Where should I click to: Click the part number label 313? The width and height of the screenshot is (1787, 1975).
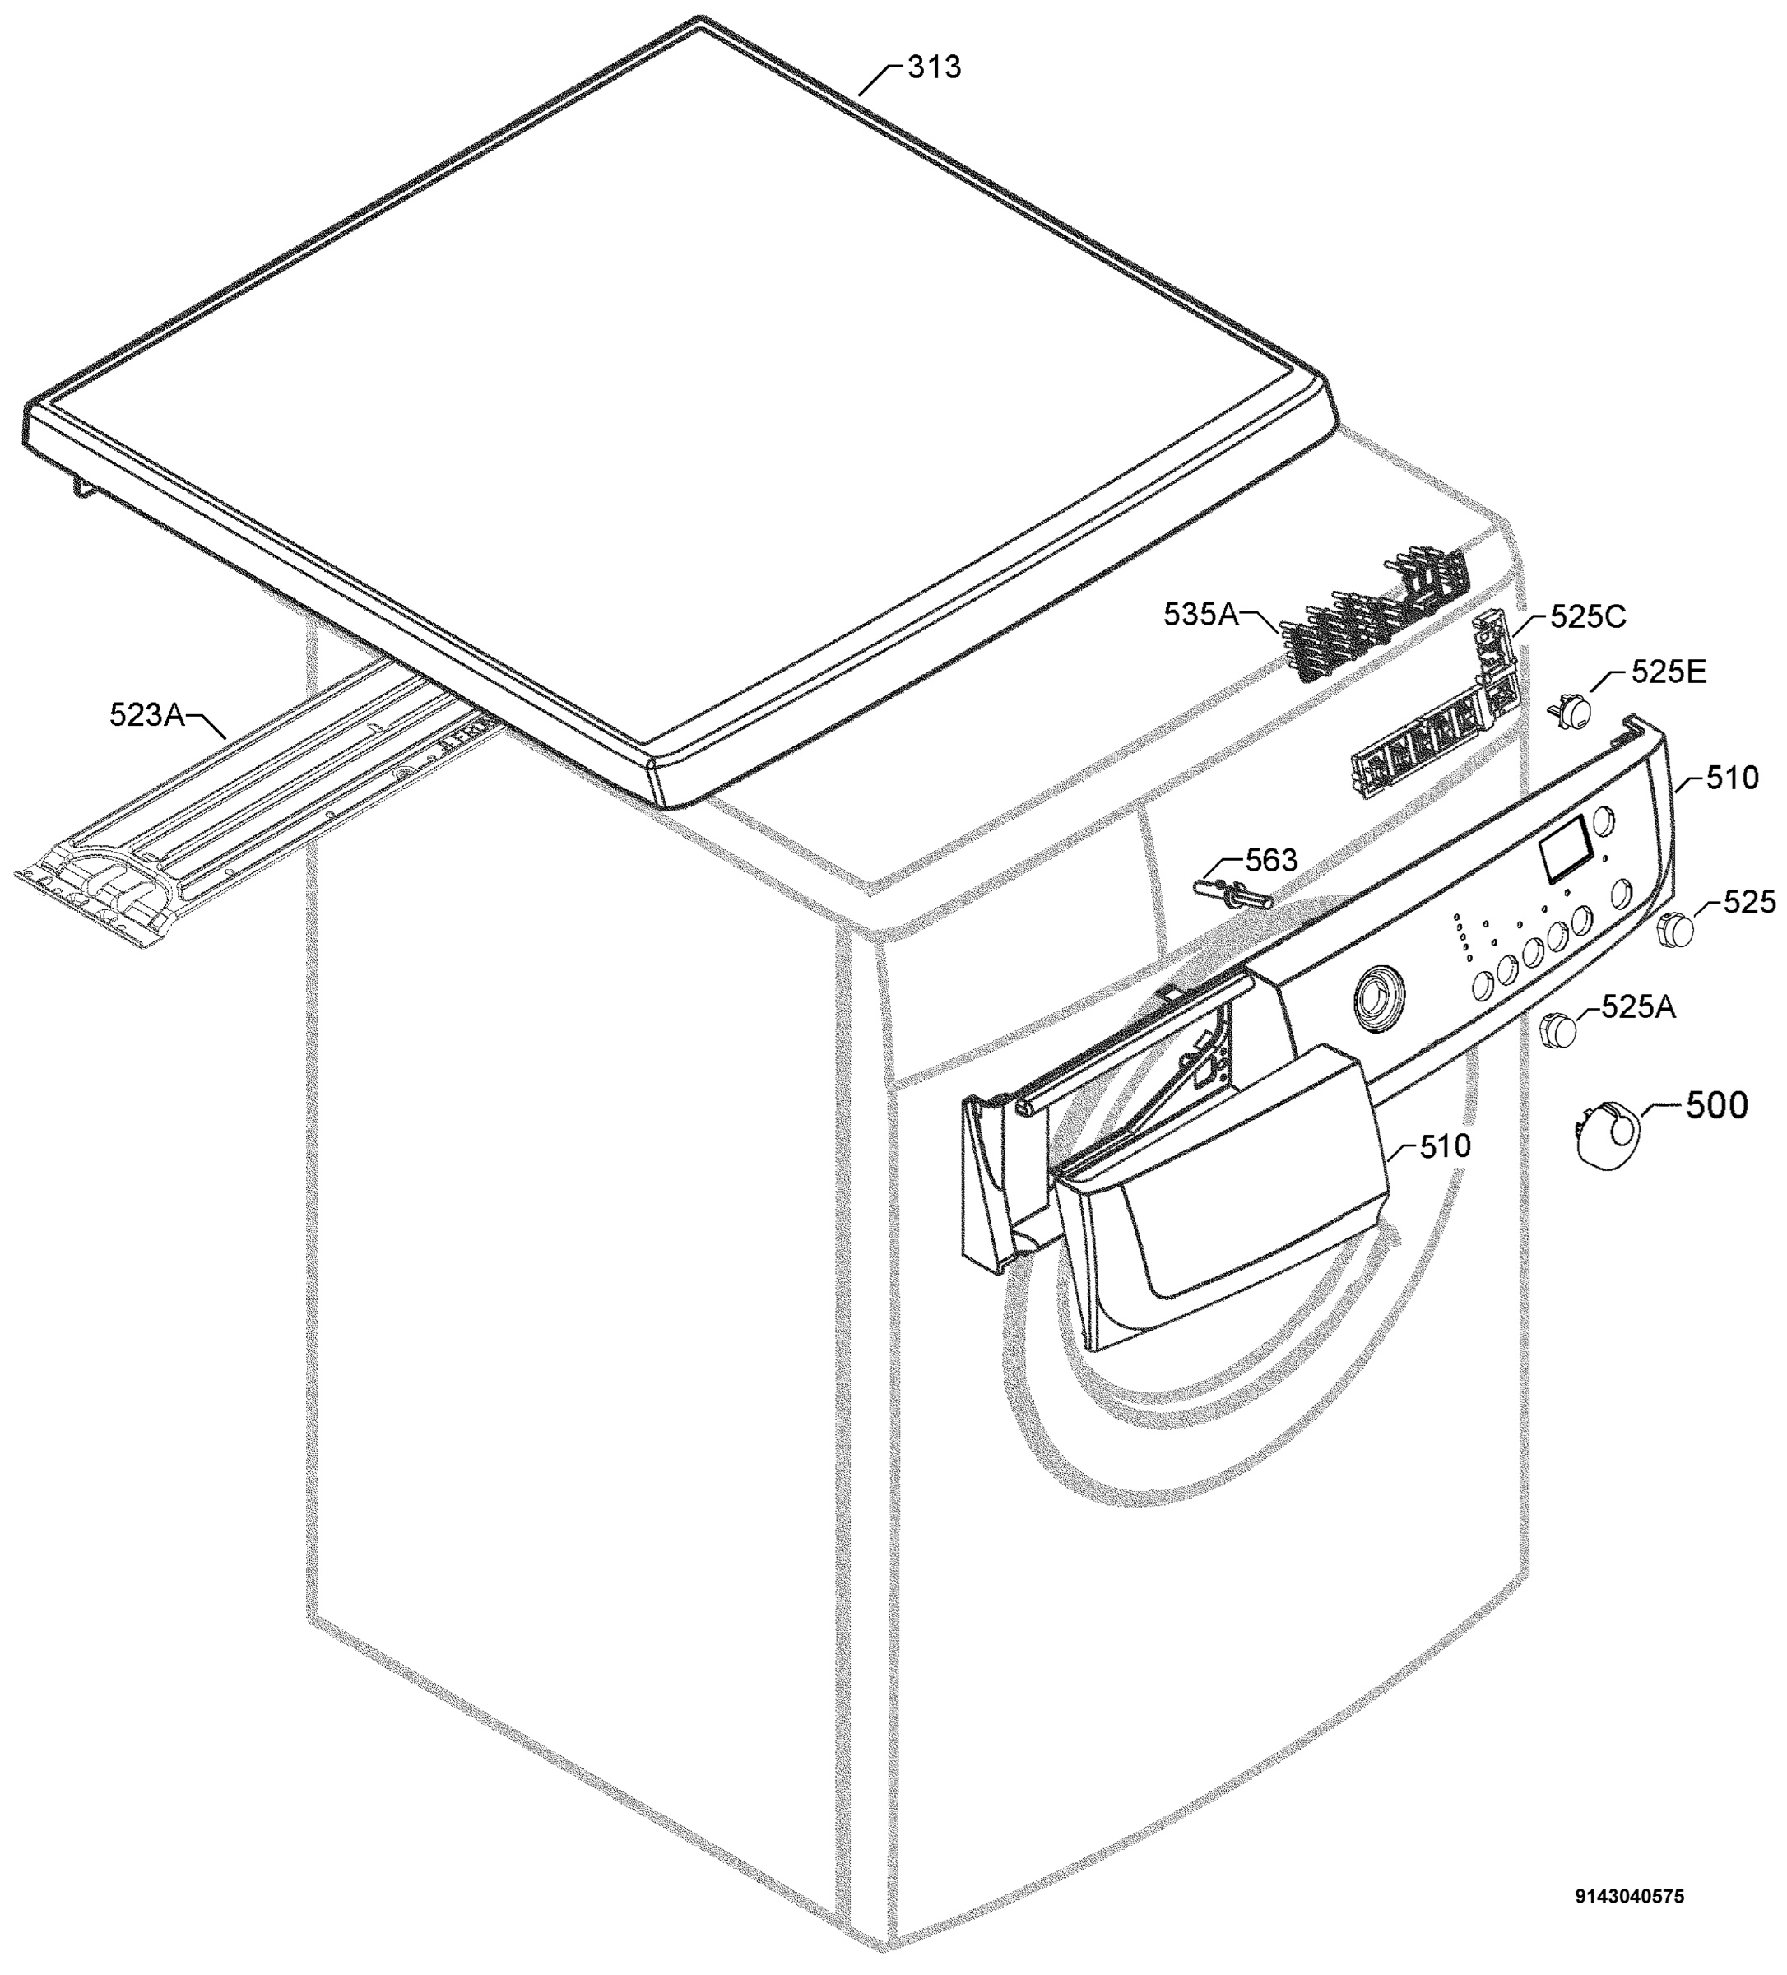933,67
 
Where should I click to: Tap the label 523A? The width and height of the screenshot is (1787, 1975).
147,715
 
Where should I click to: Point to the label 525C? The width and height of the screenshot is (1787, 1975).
1587,616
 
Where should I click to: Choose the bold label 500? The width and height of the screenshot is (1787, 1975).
1716,1105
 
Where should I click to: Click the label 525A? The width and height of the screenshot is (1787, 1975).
1639,1006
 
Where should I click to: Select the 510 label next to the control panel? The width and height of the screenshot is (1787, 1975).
1731,778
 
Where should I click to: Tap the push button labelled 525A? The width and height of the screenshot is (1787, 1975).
1560,1030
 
